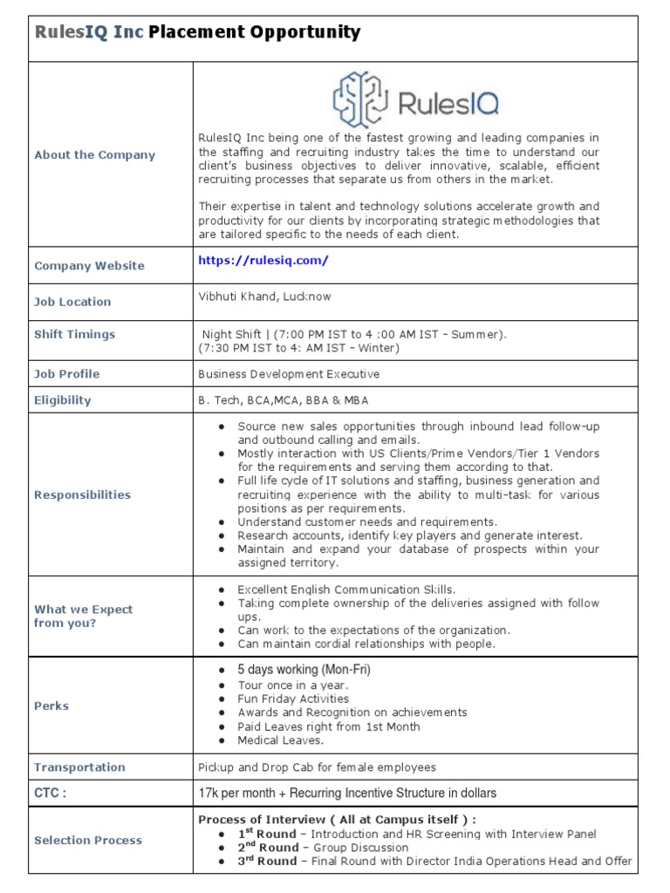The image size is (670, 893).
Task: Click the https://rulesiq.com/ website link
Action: pyautogui.click(x=263, y=260)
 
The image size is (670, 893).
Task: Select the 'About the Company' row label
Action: pyautogui.click(x=94, y=155)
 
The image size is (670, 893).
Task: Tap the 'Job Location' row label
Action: pyautogui.click(x=72, y=302)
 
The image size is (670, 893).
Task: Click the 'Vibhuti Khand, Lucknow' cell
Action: pyautogui.click(x=264, y=297)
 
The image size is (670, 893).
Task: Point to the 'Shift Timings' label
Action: pyautogui.click(x=74, y=334)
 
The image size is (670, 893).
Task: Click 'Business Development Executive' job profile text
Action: pyautogui.click(x=289, y=374)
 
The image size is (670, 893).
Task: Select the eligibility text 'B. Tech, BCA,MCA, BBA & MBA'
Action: pyautogui.click(x=284, y=400)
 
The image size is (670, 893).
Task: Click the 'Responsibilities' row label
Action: pyautogui.click(x=82, y=494)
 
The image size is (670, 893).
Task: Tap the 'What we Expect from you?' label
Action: pyautogui.click(x=83, y=617)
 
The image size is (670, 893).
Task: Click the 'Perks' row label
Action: pyautogui.click(x=51, y=706)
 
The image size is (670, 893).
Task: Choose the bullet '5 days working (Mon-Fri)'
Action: pyautogui.click(x=304, y=670)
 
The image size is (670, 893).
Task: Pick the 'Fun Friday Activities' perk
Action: pyautogui.click(x=293, y=699)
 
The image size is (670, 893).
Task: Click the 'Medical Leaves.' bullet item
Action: pyautogui.click(x=280, y=740)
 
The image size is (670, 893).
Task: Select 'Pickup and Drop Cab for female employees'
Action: pyautogui.click(x=317, y=767)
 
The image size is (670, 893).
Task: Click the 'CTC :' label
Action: pyautogui.click(x=51, y=793)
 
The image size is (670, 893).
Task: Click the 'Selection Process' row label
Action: pyautogui.click(x=88, y=840)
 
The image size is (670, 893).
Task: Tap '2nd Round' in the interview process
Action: pyautogui.click(x=267, y=848)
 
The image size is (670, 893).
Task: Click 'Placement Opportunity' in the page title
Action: pyautogui.click(x=254, y=33)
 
